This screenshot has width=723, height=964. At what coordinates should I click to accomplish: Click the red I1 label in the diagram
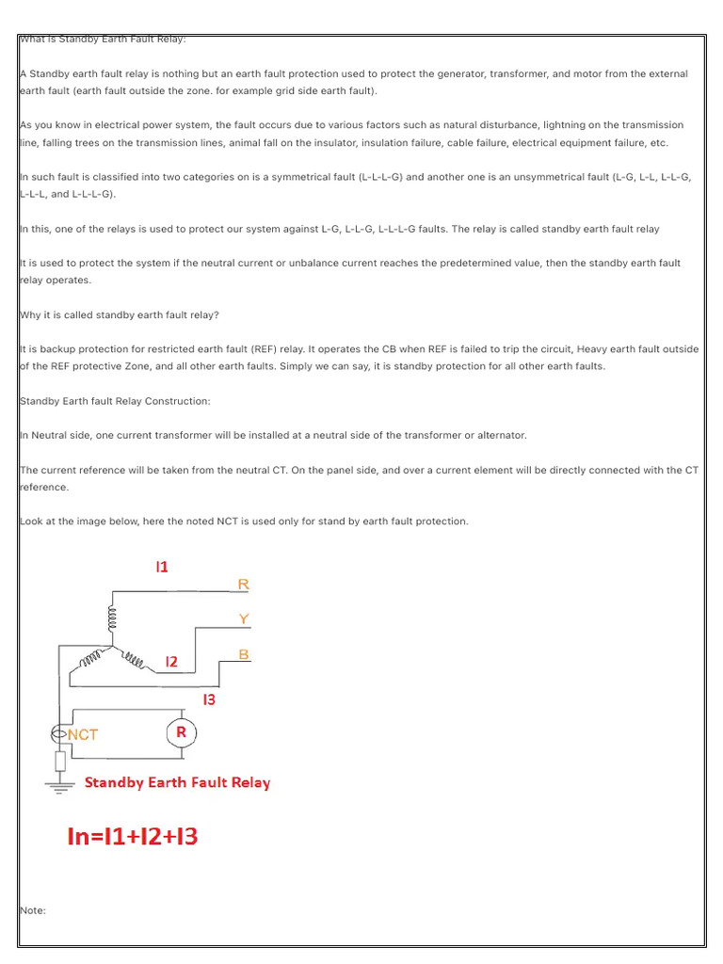162,567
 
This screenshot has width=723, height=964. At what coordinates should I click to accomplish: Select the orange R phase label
243,585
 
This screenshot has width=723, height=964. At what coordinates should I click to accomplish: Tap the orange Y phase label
244,619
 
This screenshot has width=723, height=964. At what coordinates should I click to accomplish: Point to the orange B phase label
244,653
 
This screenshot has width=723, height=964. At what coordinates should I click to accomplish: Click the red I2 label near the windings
171,662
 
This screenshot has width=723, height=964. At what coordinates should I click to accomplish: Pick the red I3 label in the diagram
209,699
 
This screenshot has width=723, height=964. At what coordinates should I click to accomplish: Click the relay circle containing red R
182,732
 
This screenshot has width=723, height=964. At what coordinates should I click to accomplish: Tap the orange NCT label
82,734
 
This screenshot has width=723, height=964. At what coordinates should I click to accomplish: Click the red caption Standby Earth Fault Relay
177,782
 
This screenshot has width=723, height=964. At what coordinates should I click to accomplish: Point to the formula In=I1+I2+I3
133,836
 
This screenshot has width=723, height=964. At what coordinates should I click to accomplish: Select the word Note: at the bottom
33,910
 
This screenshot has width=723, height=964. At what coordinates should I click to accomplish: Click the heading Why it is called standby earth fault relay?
119,314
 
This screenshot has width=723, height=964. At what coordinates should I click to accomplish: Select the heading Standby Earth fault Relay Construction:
115,401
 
